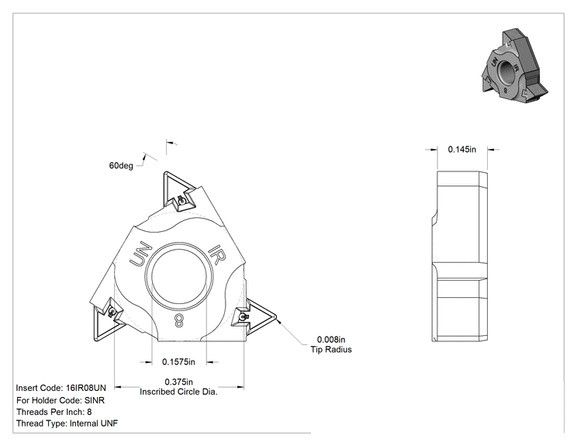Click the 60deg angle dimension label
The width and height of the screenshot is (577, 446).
[121, 165]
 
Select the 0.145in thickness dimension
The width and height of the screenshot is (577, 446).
[461, 150]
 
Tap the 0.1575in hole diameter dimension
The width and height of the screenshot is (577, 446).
[178, 362]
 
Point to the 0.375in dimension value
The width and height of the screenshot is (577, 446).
[179, 382]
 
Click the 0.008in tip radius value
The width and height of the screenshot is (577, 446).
[331, 339]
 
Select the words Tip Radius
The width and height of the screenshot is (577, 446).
[331, 350]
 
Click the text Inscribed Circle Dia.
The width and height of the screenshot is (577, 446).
[179, 392]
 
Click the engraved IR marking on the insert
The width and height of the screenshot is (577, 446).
[216, 254]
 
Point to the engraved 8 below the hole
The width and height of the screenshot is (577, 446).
[178, 320]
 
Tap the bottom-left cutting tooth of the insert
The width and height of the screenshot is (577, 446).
[108, 318]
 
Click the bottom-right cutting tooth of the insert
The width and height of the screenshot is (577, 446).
[254, 316]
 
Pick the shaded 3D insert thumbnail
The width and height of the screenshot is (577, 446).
[514, 64]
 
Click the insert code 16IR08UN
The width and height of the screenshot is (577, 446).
[86, 388]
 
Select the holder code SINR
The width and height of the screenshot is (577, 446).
[95, 400]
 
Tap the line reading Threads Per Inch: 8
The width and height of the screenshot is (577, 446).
[54, 412]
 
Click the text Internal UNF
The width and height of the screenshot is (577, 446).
[94, 424]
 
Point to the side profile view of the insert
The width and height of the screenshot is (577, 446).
[460, 256]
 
